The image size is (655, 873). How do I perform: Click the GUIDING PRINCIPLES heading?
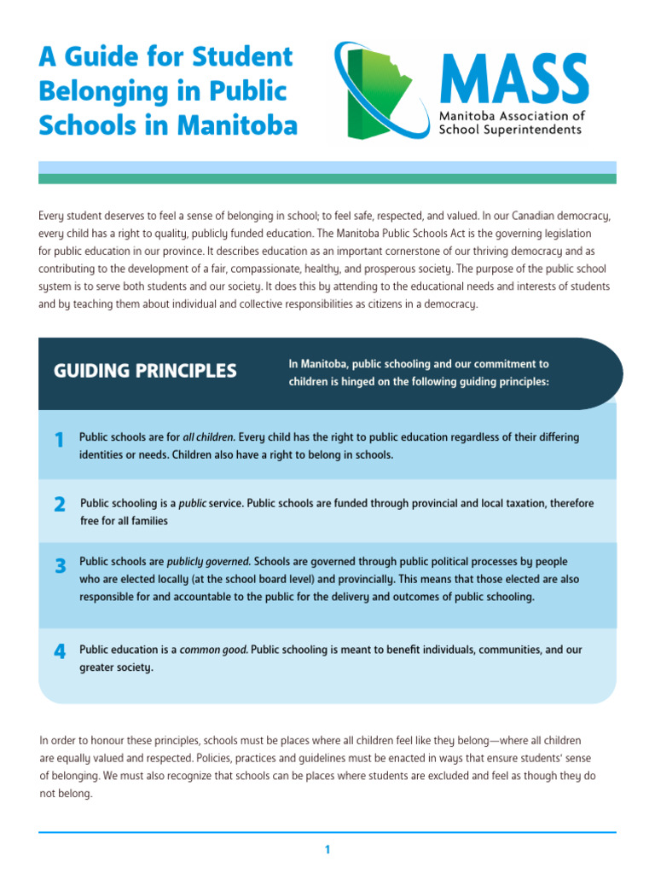coord(145,371)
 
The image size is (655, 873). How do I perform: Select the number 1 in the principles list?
coord(59,440)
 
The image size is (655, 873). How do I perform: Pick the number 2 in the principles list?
coord(59,505)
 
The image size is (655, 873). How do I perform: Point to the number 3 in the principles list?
coord(60,565)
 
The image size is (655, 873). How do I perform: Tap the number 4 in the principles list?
coord(59,652)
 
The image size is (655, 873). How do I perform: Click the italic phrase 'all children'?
coord(208,437)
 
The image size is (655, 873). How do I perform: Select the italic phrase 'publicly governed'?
coord(208,562)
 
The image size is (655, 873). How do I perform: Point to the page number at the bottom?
coord(327,849)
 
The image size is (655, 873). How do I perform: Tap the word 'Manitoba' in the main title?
coord(238,125)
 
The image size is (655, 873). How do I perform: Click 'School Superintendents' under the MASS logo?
coord(510,130)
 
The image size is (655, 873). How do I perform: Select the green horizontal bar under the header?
coord(327,179)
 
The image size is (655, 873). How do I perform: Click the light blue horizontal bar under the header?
coord(327,166)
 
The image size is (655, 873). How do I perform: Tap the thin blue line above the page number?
coord(327,832)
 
